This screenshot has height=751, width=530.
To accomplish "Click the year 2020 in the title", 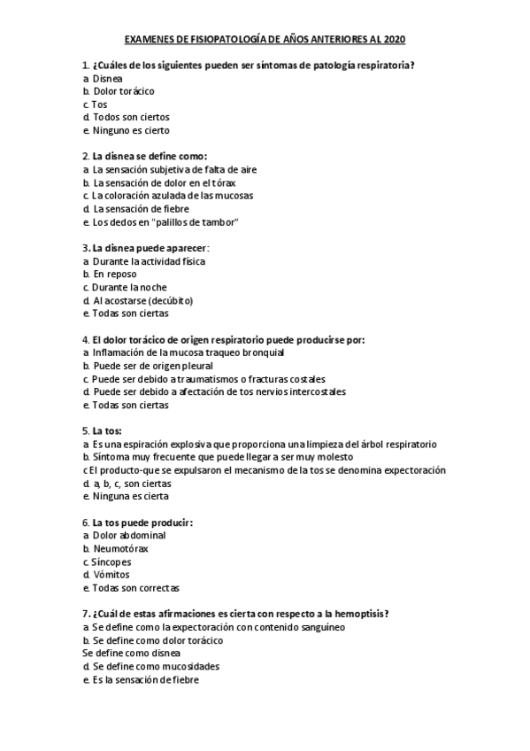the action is click(x=396, y=40).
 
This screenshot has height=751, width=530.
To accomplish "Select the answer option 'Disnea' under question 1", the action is click(x=108, y=78).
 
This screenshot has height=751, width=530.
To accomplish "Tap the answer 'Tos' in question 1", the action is click(x=99, y=104).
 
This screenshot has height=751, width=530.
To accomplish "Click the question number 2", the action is click(x=85, y=156).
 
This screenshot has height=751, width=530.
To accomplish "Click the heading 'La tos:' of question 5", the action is click(x=107, y=430).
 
